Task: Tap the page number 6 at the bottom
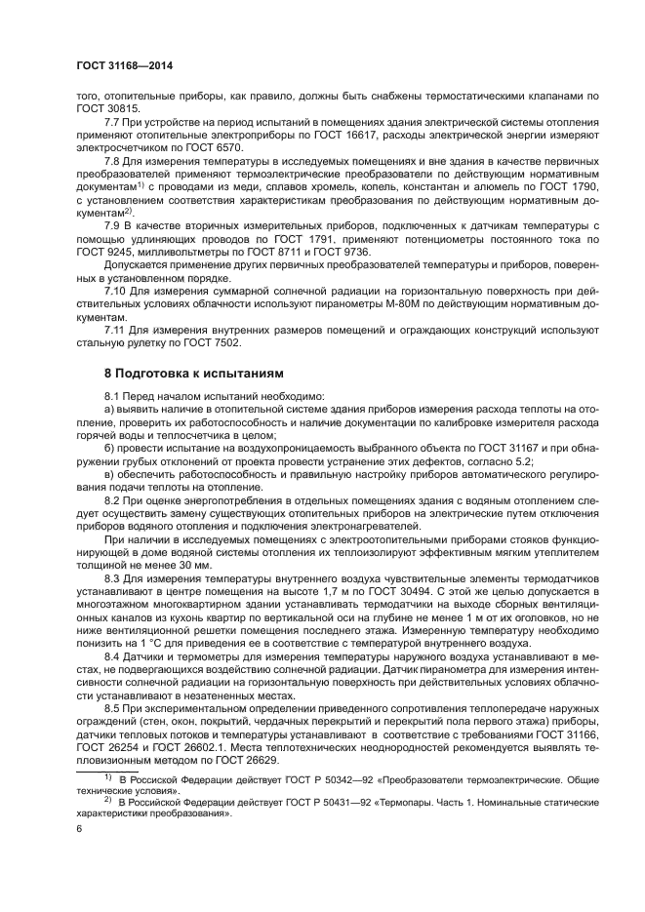point(79,827)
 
